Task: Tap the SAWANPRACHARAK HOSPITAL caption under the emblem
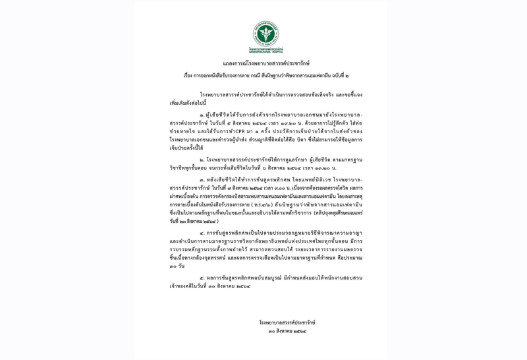point(266,50)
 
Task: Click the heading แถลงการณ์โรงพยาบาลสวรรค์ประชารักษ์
point(266,63)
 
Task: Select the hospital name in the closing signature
point(287,322)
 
